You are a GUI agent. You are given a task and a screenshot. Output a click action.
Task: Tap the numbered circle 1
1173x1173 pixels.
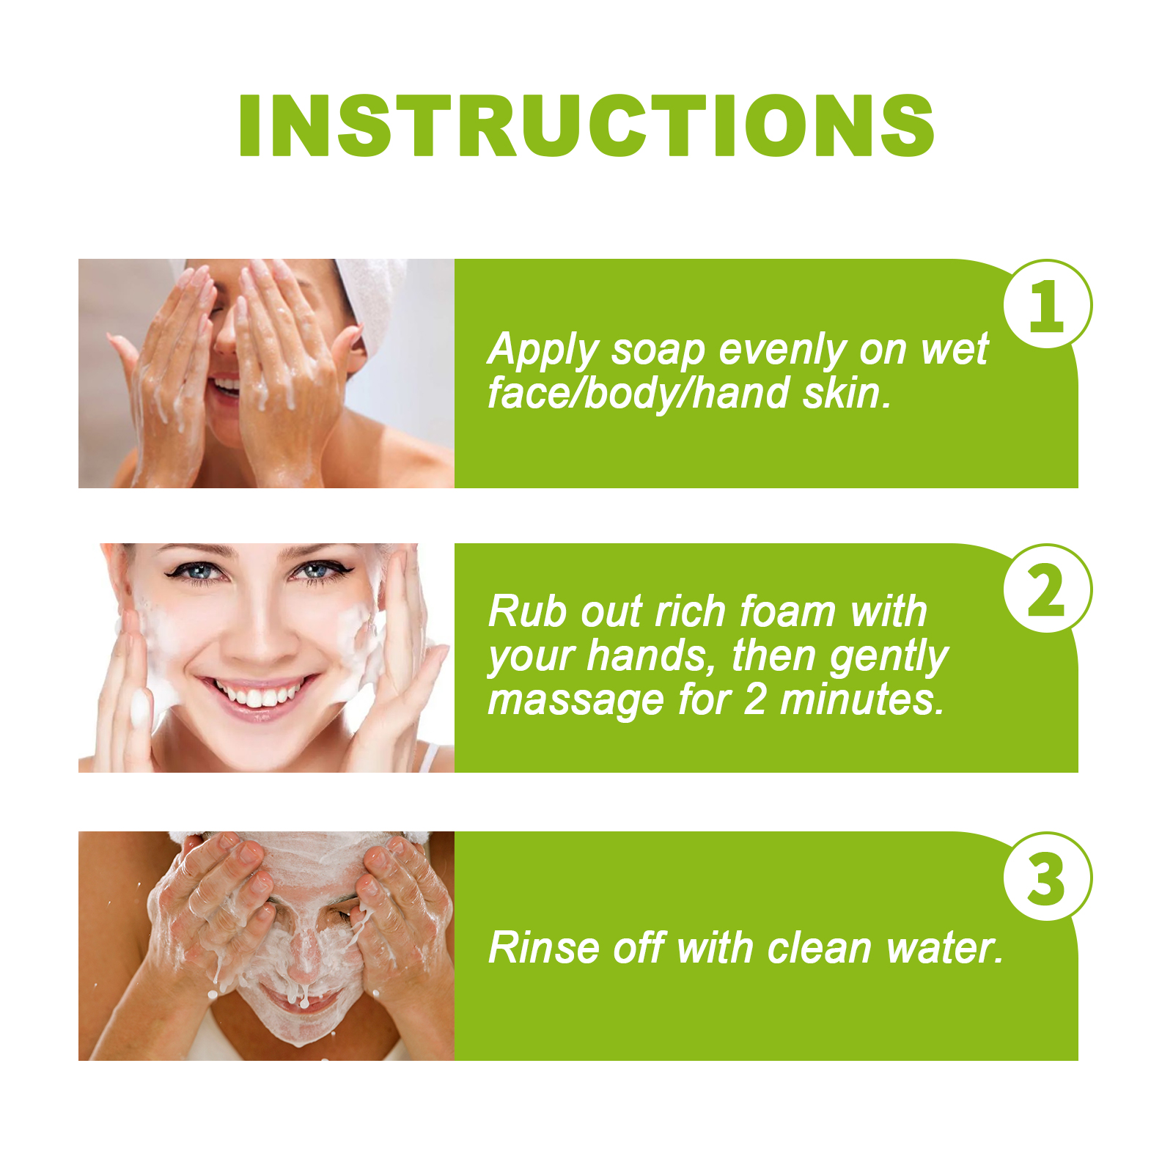(x=1047, y=304)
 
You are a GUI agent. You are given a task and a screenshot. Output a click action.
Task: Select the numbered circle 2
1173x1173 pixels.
(x=1047, y=589)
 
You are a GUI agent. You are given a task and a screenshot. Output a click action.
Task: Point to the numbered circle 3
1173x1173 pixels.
(x=1047, y=877)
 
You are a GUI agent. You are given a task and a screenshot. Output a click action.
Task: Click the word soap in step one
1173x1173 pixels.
(x=658, y=350)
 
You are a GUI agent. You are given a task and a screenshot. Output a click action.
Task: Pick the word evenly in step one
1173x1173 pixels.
(x=782, y=350)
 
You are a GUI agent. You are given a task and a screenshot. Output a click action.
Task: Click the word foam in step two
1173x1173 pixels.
(x=788, y=611)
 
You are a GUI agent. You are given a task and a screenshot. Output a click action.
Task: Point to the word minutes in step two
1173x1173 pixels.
(x=861, y=699)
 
